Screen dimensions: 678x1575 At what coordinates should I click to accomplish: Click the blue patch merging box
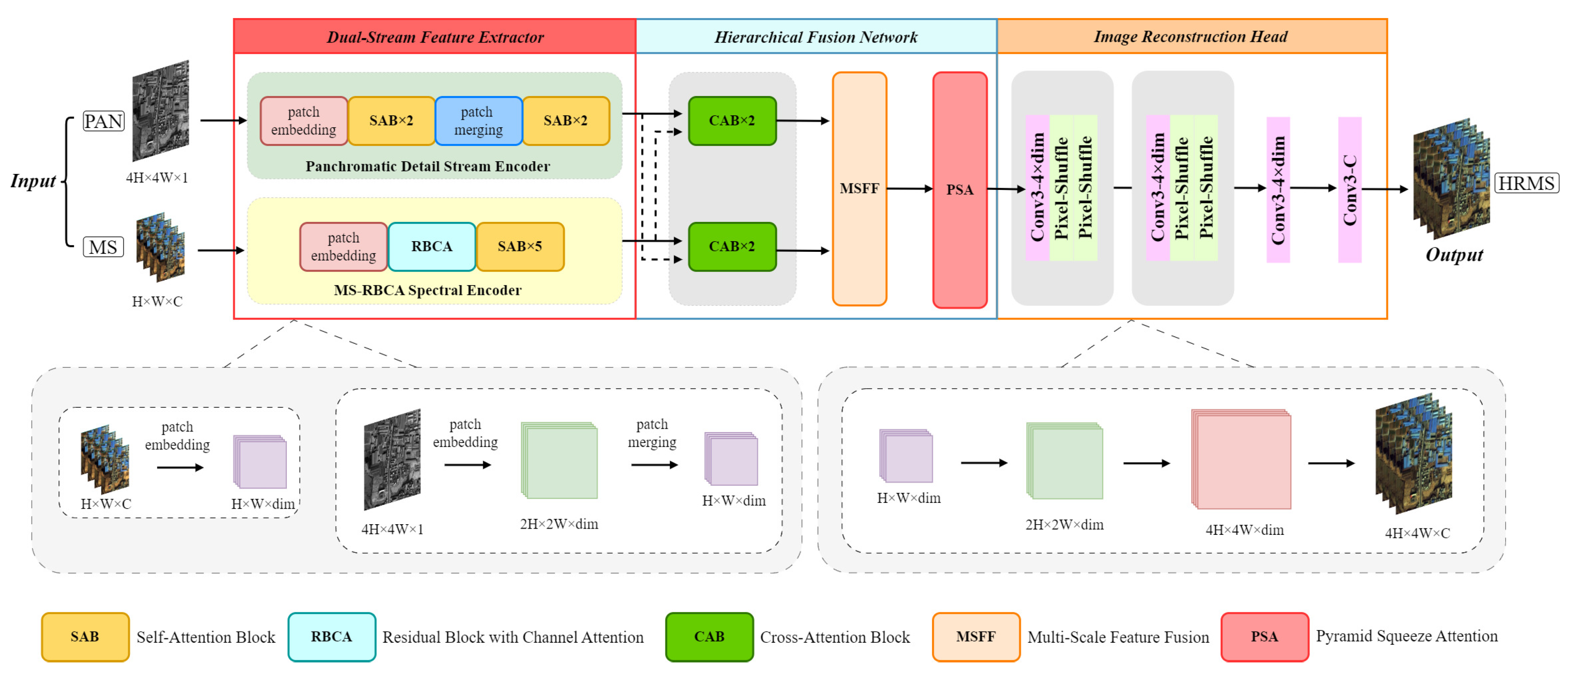coord(478,121)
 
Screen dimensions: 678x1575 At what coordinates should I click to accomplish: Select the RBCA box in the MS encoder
coord(432,247)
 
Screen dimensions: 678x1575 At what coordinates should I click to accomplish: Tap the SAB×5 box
coord(520,247)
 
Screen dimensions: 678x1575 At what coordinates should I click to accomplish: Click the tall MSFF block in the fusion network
coord(859,188)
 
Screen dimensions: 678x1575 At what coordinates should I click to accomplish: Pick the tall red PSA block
coord(959,189)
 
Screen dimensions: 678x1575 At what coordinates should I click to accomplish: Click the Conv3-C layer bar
coord(1350,189)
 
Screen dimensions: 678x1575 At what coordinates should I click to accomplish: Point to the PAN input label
coord(103,121)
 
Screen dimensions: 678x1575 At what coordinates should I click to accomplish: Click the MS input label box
coord(103,247)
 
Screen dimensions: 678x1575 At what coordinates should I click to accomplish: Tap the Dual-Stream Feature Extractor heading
coord(435,37)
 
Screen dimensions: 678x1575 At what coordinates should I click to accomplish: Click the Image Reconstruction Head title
coord(1191,37)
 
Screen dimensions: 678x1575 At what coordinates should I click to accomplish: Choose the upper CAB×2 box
coord(732,121)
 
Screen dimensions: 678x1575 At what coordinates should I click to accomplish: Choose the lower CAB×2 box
coord(732,247)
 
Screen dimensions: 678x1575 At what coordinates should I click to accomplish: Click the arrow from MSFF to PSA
coord(909,188)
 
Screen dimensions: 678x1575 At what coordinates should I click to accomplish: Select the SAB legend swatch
coord(85,637)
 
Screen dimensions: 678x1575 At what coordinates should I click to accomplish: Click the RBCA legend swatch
coord(332,637)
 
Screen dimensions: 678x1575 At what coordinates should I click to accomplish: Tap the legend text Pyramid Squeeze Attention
coord(1406,637)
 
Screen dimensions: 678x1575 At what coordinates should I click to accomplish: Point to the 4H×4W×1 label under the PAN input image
coord(157,178)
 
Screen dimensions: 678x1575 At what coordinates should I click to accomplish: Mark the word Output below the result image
coord(1454,255)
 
